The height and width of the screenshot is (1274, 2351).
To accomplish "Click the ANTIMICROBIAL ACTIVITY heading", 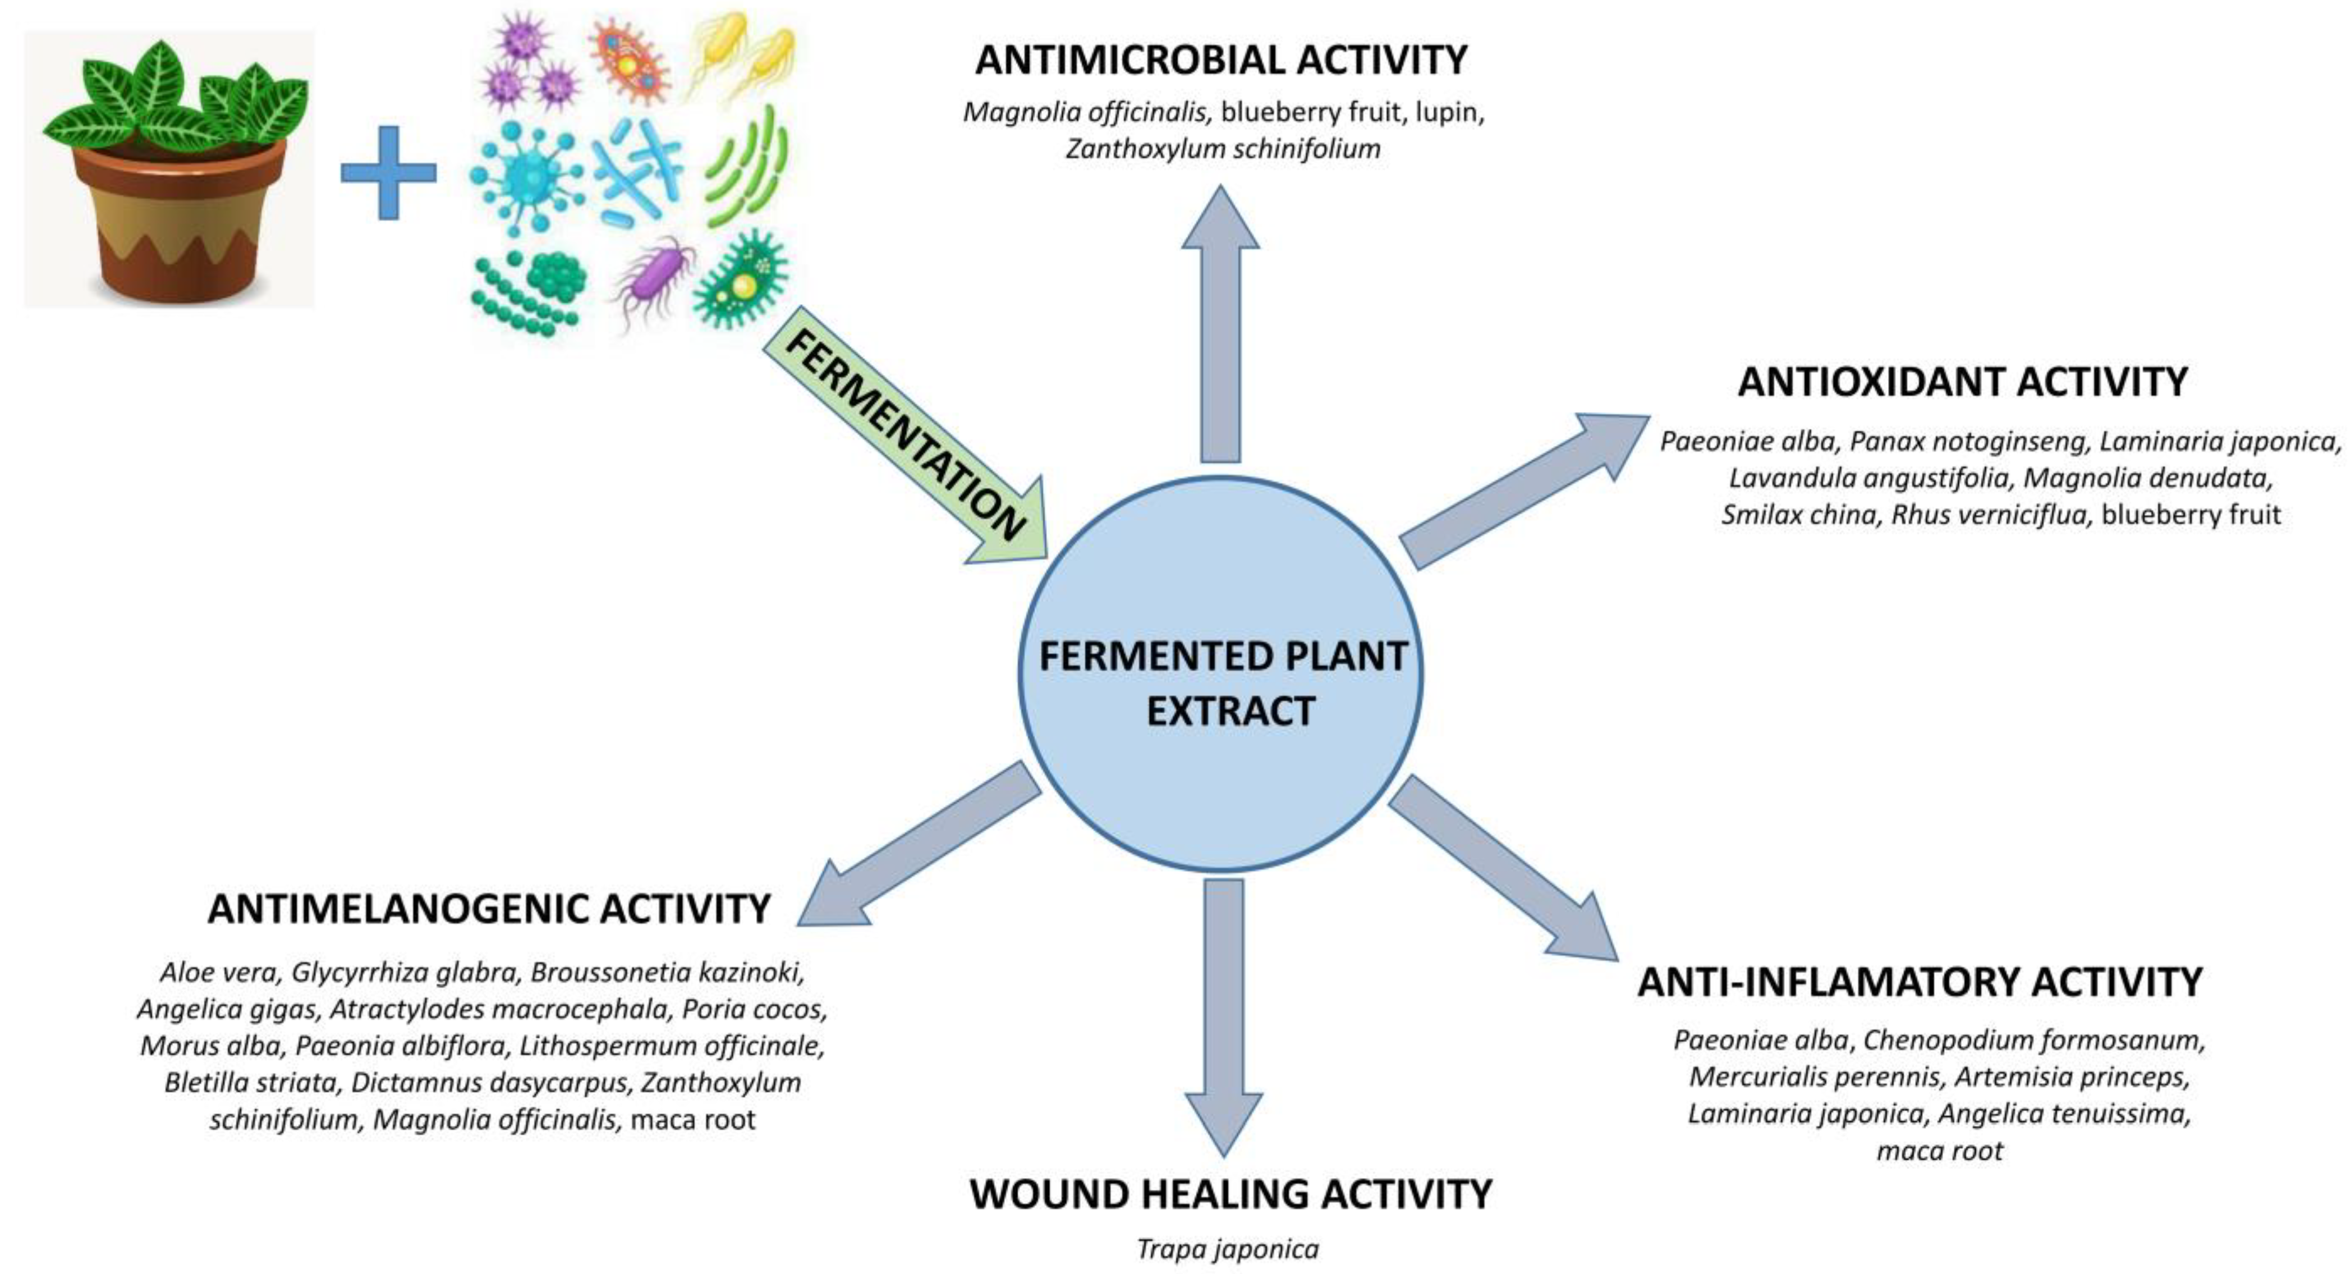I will (x=1221, y=60).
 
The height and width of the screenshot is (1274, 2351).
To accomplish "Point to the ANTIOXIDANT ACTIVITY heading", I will (x=1962, y=382).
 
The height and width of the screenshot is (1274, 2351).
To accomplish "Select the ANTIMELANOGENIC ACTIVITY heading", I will (x=489, y=909).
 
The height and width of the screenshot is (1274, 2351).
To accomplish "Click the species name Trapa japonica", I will (x=1228, y=1248).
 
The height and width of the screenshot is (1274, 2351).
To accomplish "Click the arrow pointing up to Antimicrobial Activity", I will (x=1220, y=324).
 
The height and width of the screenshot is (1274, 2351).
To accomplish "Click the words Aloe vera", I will (x=219, y=973).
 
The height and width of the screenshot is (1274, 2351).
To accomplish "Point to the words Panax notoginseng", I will (x=1968, y=442).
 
